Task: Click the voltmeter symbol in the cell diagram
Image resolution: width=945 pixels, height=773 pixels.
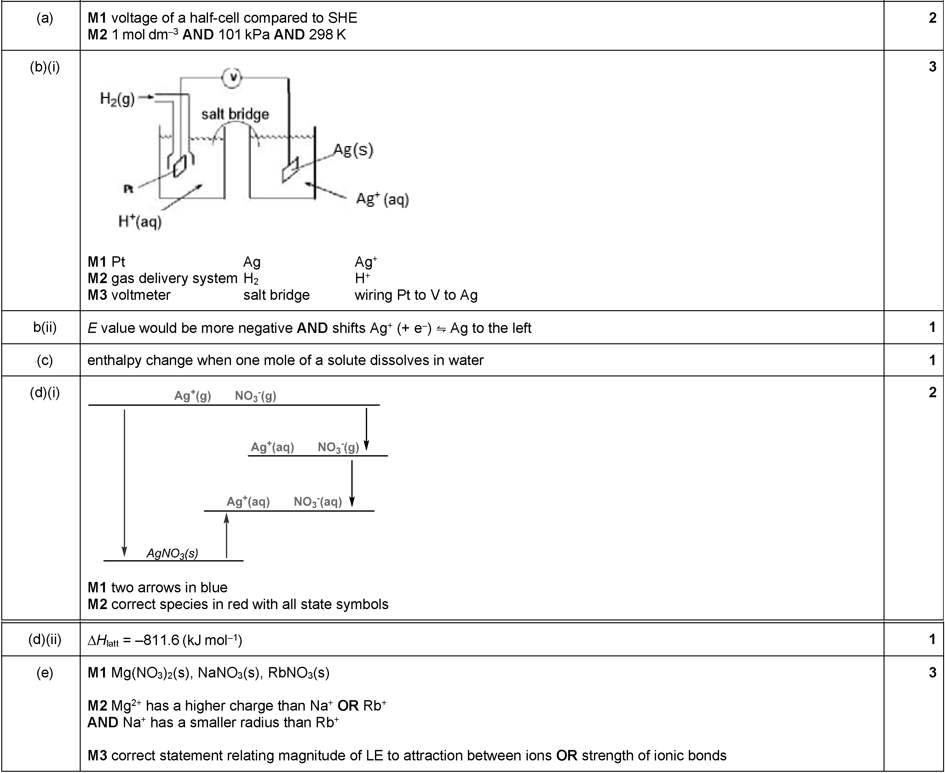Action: [232, 78]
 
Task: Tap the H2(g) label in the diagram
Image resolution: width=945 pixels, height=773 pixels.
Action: [117, 98]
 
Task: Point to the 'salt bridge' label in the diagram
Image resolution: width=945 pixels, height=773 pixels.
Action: [235, 114]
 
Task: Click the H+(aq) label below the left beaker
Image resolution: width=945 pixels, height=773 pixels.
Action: [140, 221]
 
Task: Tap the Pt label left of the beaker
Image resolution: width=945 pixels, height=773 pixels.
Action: [128, 189]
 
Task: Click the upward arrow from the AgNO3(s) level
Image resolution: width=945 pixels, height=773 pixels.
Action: [227, 536]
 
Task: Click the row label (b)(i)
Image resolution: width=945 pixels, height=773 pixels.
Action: [44, 67]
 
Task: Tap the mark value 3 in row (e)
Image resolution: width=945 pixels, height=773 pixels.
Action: [932, 672]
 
